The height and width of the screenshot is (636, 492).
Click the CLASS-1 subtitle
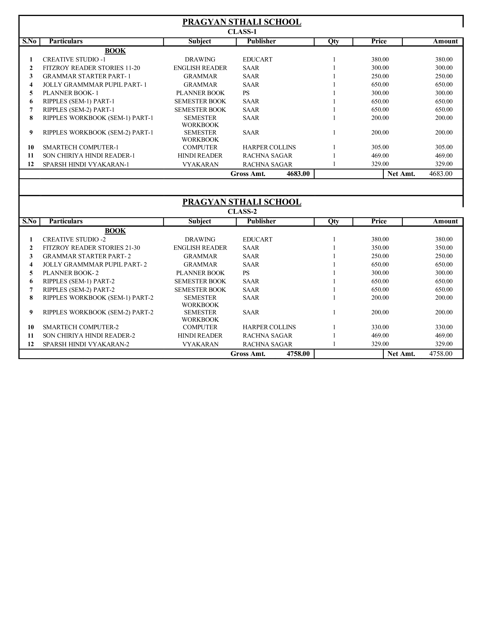242,32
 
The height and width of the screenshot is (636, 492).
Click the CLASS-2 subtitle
242,211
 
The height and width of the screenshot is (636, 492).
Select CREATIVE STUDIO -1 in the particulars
74,59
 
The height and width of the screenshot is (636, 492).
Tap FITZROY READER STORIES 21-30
91,248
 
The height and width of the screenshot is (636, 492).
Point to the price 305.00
380,147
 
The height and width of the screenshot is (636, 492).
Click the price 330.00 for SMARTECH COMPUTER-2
380,327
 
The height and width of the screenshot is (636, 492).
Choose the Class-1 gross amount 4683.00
298,174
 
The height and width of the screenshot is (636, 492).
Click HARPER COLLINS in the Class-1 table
269,147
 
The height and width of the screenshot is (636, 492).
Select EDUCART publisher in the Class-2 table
257,239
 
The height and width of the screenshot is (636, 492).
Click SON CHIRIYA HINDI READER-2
89,336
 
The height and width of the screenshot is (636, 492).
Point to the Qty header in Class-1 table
333,41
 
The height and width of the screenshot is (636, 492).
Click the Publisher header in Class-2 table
261,221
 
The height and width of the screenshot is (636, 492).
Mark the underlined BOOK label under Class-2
115,231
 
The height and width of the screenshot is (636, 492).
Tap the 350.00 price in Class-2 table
380,248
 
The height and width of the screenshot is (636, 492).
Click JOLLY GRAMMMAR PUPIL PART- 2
95,264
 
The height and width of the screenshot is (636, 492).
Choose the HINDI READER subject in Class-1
200,156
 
